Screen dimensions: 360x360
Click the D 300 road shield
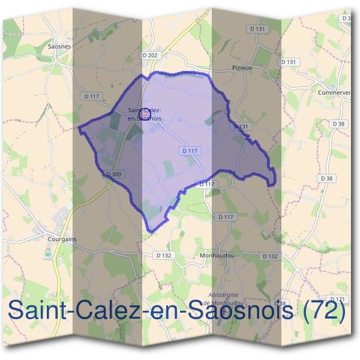(x=113, y=174)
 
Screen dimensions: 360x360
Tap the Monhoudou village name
(x=215, y=255)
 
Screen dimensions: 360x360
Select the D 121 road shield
(x=339, y=299)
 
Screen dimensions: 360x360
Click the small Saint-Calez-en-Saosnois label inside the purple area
(x=145, y=114)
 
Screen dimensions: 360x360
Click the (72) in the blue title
(x=325, y=312)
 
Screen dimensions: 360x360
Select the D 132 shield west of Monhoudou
(x=163, y=255)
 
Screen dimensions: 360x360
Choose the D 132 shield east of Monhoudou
(x=269, y=256)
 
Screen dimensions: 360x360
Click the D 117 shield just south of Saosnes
(x=91, y=96)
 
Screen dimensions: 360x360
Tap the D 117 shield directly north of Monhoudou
(x=226, y=217)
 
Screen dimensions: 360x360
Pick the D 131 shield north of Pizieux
(x=256, y=28)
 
